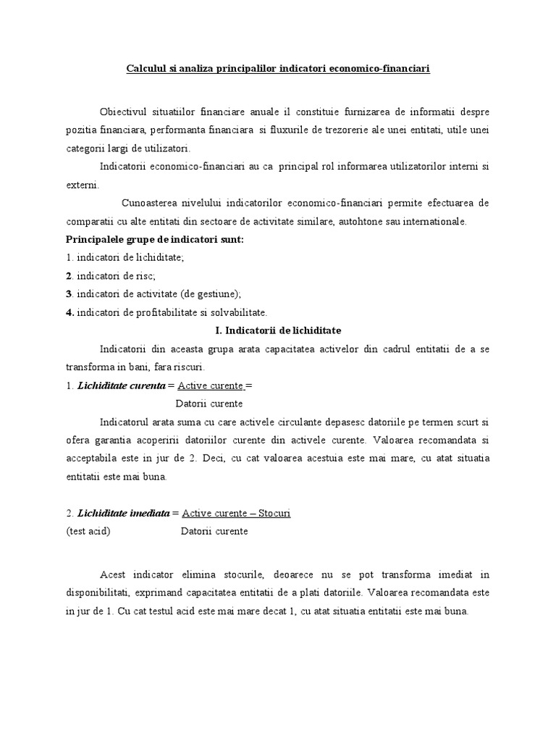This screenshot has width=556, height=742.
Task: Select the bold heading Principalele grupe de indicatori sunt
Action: (x=153, y=239)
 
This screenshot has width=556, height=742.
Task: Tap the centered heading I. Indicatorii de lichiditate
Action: (x=279, y=330)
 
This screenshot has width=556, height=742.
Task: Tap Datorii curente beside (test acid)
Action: (x=214, y=531)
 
